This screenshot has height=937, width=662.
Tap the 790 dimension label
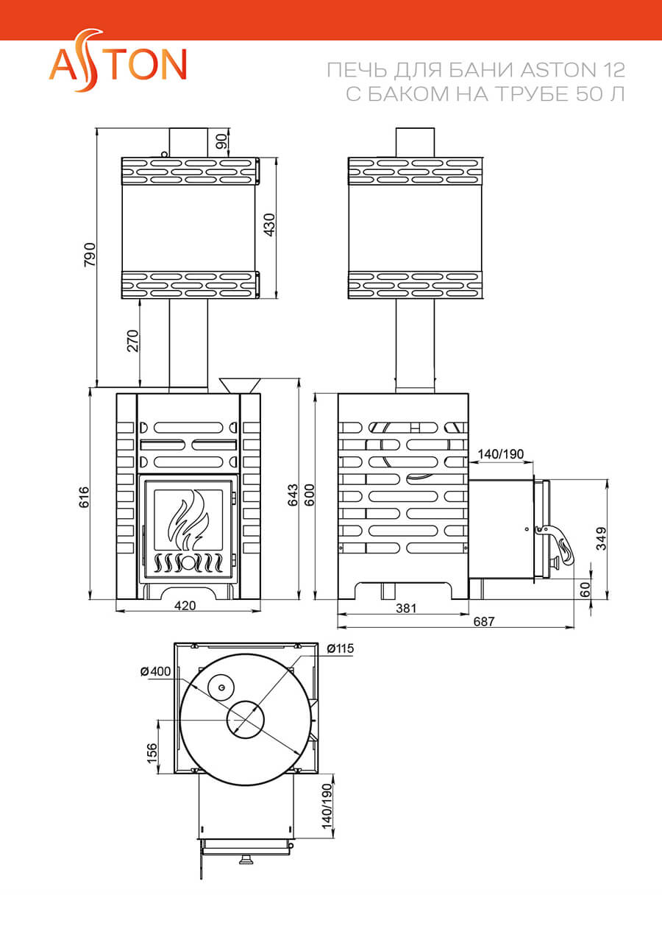coord(90,255)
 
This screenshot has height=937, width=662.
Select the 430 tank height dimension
coord(269,224)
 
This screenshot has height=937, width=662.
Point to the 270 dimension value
coord(133,341)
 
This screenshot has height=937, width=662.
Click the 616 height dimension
coord(84,498)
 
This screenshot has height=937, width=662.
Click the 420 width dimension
coord(185,606)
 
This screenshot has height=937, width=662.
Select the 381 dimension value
coord(405,608)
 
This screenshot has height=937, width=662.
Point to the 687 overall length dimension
coord(483,621)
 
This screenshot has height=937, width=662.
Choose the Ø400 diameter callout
coord(154,671)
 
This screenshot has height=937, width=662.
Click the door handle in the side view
coord(560,544)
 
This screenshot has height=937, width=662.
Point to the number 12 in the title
coord(614,71)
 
